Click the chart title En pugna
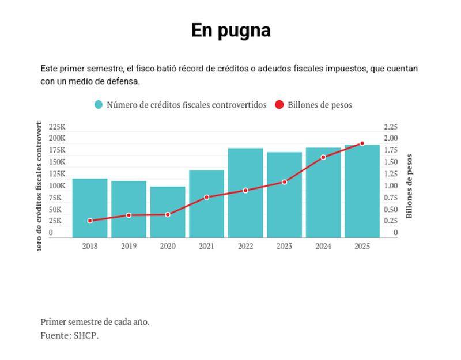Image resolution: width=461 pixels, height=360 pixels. click(231, 31)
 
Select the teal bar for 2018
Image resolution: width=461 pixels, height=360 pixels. click(90, 208)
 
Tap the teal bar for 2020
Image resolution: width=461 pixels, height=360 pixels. click(168, 212)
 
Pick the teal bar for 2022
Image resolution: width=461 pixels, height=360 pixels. click(245, 193)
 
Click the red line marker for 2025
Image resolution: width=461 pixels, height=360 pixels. click(362, 143)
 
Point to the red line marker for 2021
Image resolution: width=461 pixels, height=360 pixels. click(207, 197)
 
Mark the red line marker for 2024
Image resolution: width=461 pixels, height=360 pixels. click(323, 157)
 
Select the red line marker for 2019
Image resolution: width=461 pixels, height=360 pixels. click(129, 215)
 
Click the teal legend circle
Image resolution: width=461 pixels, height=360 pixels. click(99, 105)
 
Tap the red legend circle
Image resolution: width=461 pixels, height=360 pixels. click(279, 105)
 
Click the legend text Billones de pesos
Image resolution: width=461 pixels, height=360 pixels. click(320, 105)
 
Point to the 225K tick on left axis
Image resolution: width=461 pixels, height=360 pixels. click(57, 127)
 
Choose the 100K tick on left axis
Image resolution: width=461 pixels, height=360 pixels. click(57, 185)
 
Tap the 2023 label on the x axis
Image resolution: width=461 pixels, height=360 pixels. click(284, 246)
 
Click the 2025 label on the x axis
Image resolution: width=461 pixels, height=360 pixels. click(362, 246)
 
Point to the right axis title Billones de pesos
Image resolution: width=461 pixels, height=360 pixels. click(410, 186)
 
